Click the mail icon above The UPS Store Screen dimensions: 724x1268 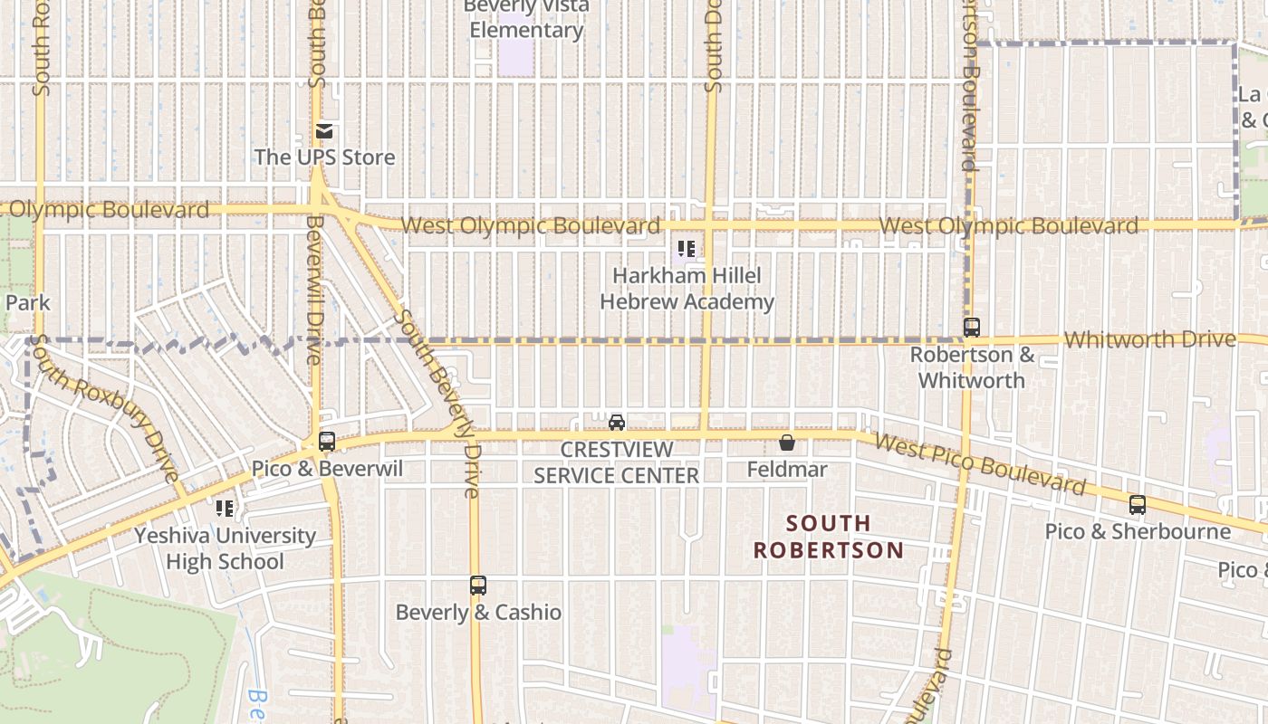point(324,132)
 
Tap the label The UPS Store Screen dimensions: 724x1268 point(324,157)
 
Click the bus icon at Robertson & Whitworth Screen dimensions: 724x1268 point(972,328)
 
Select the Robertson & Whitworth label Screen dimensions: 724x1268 point(972,367)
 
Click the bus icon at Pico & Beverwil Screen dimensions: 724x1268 point(327,442)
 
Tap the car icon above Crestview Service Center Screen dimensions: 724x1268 point(617,423)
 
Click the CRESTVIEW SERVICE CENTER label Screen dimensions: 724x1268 point(617,462)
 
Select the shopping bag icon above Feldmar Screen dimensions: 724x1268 point(787,443)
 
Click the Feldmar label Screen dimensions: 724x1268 point(787,469)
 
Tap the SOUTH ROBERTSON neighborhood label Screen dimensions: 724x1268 point(828,537)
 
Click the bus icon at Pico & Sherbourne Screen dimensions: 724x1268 point(1138,505)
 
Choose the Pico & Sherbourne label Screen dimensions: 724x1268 point(1138,531)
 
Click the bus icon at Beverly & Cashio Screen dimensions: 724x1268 point(478,586)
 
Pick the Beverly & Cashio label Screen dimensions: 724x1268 point(478,613)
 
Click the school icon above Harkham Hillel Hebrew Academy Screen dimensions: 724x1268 point(687,249)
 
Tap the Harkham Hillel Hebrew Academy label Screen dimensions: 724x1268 point(687,289)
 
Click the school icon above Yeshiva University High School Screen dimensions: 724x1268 point(225,509)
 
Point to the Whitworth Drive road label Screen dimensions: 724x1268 point(1149,339)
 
